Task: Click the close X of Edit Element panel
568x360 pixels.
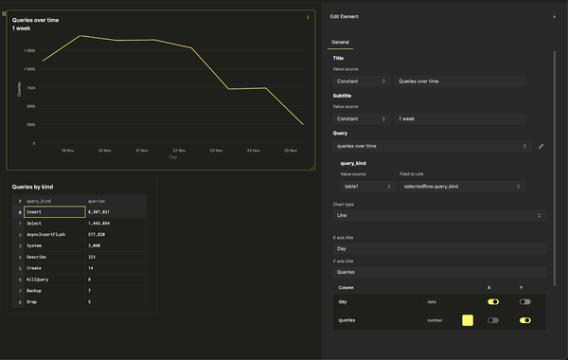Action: [x=554, y=17]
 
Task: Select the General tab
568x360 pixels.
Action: [x=340, y=43]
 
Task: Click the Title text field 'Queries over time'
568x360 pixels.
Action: [x=459, y=81]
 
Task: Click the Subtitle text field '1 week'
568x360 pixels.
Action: [x=459, y=118]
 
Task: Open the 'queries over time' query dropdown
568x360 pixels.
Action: [x=431, y=146]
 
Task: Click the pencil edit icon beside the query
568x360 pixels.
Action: [x=541, y=146]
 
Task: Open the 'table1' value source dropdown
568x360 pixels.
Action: [x=364, y=187]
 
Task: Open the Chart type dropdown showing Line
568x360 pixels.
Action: [x=439, y=215]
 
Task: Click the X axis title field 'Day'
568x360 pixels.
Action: [x=439, y=248]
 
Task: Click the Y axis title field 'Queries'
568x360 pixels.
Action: [x=439, y=272]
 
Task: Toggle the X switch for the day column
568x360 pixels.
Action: [x=493, y=301]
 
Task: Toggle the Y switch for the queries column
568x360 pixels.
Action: [x=524, y=320]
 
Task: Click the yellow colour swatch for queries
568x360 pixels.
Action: [x=468, y=320]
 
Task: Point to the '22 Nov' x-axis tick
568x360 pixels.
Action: [x=178, y=150]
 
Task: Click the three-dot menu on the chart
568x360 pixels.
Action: [x=308, y=17]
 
